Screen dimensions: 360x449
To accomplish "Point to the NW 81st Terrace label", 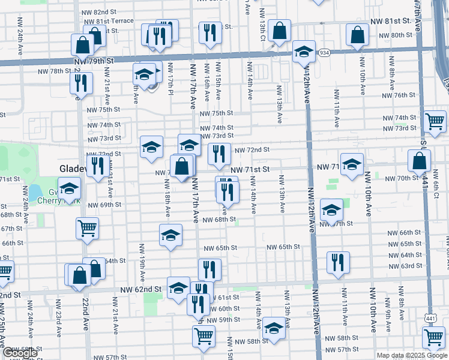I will pos(110,20).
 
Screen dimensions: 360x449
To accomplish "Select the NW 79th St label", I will pos(94,61).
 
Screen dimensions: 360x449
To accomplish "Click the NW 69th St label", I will pos(100,205).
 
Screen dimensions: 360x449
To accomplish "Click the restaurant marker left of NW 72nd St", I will pos(219,154).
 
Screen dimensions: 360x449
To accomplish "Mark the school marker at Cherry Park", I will pos(69,188).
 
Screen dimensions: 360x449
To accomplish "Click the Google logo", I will pos(20,353).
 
